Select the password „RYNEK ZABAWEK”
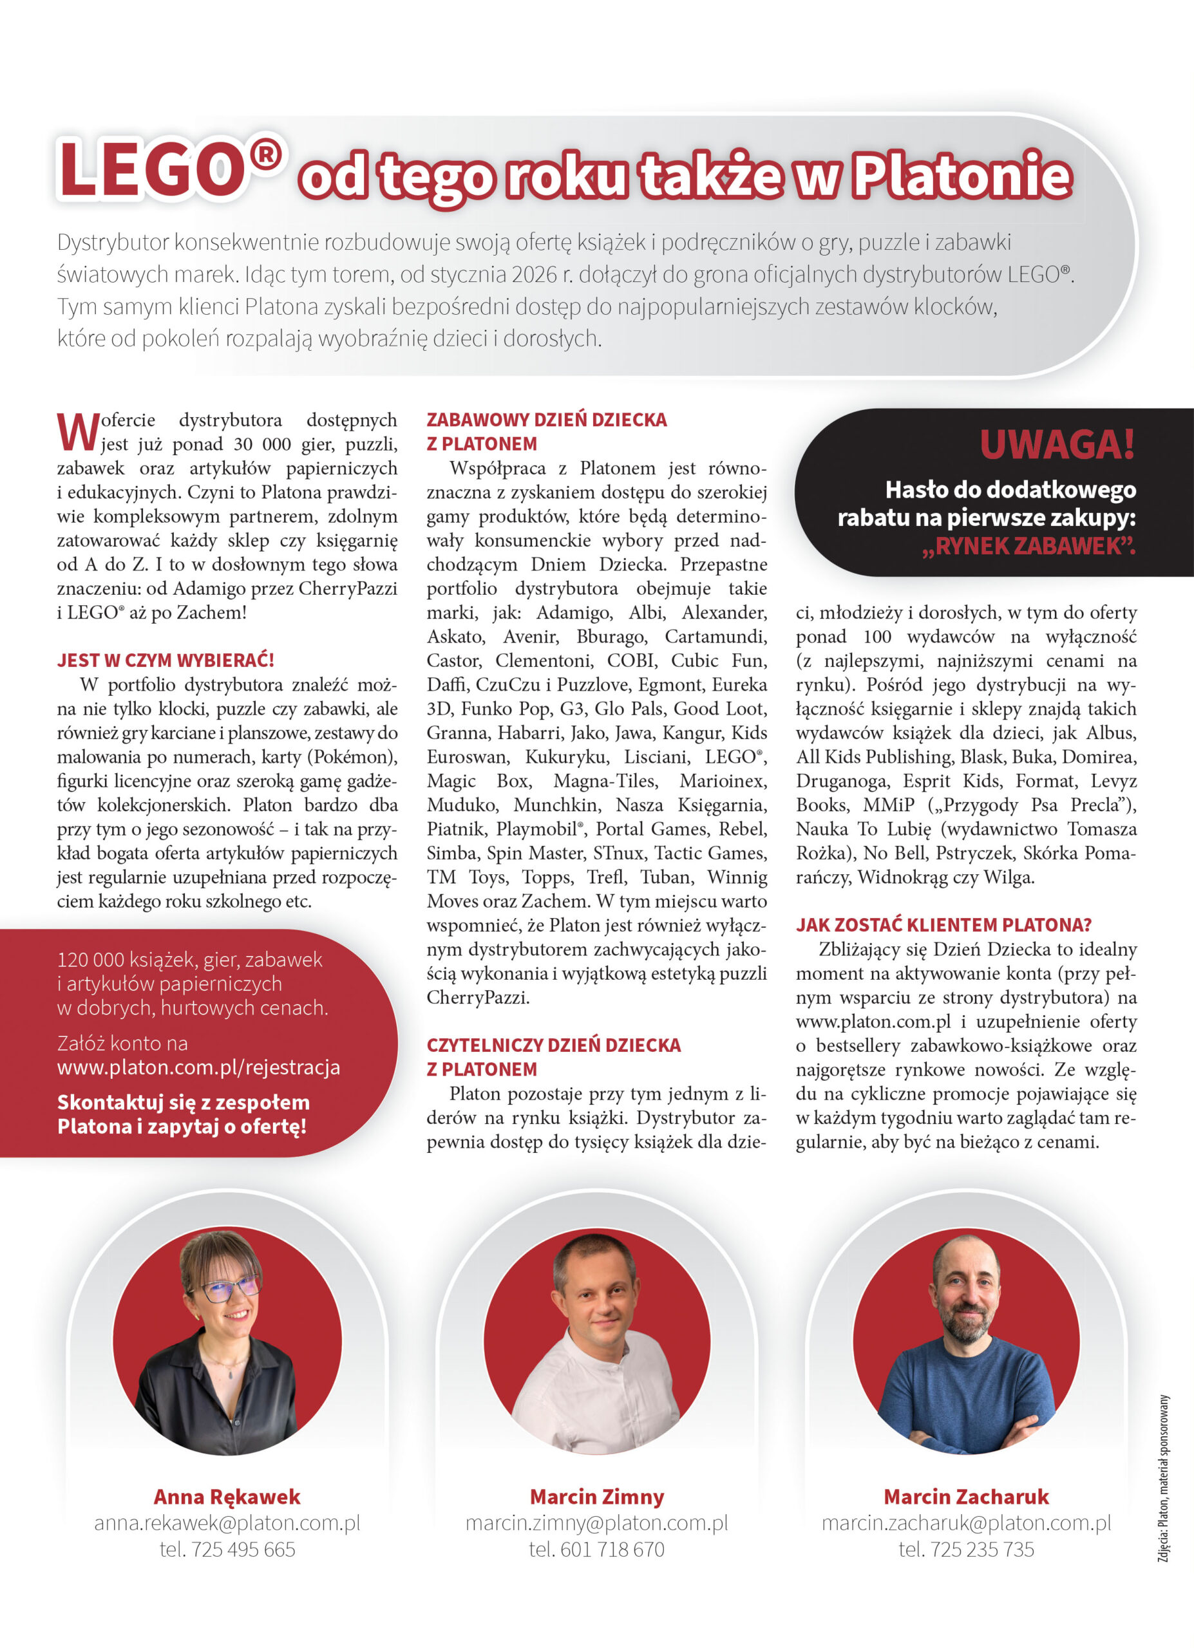pos(1028,546)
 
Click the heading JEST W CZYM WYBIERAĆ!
pos(166,660)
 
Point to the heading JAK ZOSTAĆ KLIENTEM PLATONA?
pos(943,925)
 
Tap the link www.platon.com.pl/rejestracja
pos(198,1067)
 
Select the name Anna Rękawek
pos(227,1497)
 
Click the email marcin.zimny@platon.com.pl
pos(596,1523)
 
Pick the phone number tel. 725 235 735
pos(966,1550)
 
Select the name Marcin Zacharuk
pos(966,1497)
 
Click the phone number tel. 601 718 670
pos(596,1550)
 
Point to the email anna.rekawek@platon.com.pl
pos(227,1523)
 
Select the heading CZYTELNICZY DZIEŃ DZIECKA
pos(553,1045)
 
